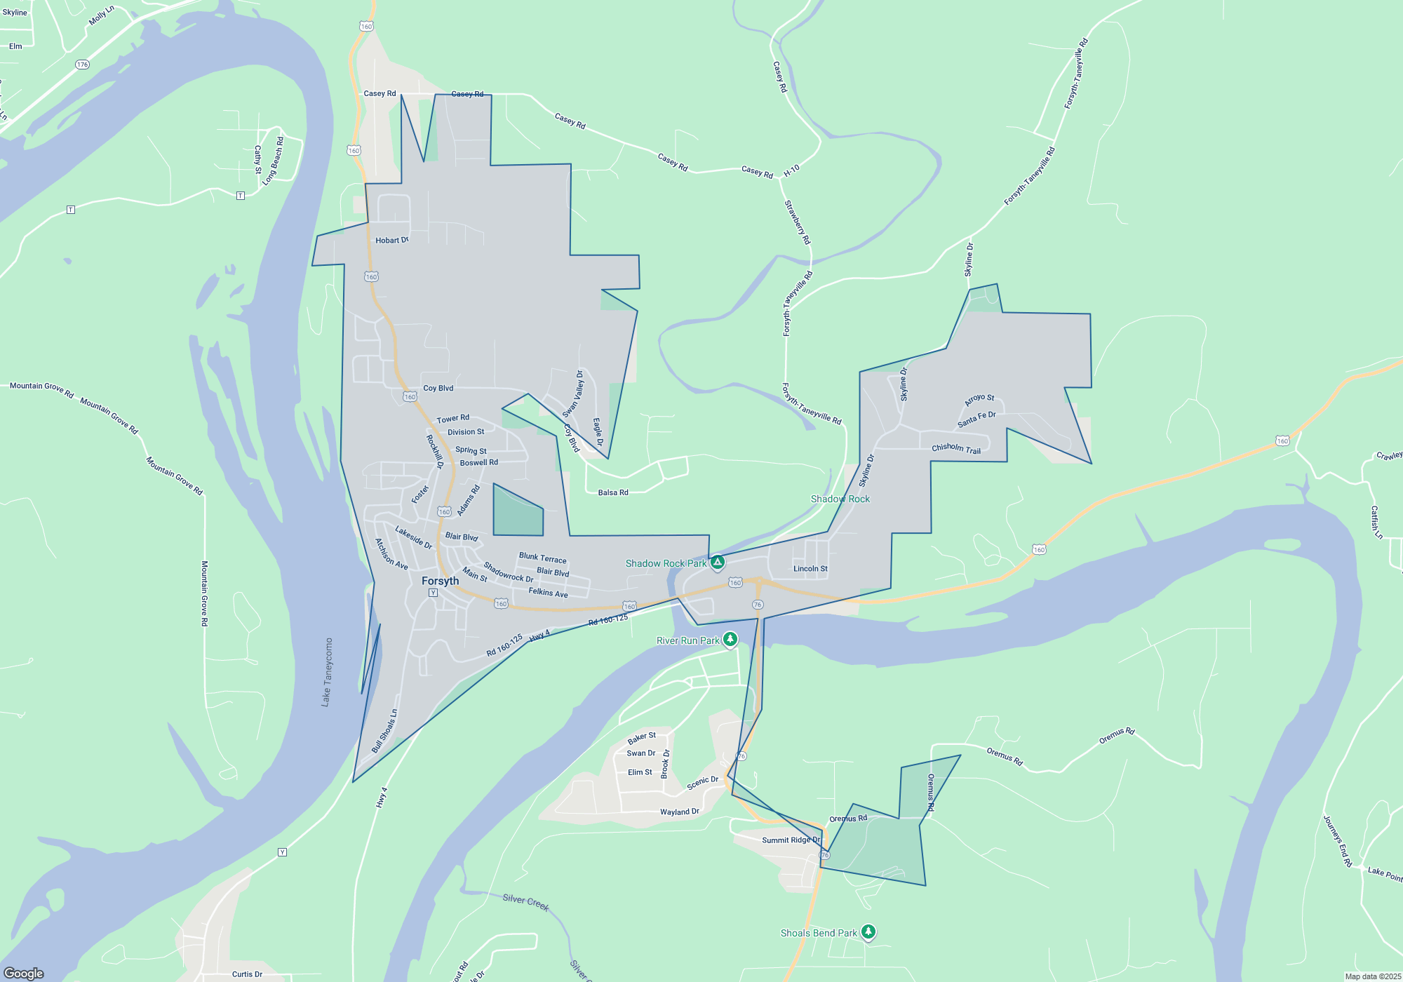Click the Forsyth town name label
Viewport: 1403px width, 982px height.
[440, 581]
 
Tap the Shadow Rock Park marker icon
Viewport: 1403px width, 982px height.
[717, 563]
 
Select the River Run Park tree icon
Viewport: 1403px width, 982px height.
[730, 639]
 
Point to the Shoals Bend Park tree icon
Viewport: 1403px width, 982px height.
[868, 932]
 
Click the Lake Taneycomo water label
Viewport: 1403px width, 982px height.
[327, 672]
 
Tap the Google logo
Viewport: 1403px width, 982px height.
[24, 973]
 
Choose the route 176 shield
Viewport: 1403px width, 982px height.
[82, 65]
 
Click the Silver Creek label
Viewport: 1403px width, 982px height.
[525, 903]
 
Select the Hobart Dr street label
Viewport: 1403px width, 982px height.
[391, 241]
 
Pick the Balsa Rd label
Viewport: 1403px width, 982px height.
[613, 492]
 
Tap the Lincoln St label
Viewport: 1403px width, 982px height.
[810, 569]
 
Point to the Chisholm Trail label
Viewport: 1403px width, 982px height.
[956, 449]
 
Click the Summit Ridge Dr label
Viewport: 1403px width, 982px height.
[791, 840]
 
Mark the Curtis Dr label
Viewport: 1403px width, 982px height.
[247, 974]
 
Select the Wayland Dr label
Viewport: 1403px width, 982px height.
[679, 812]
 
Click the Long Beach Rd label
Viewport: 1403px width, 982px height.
[274, 161]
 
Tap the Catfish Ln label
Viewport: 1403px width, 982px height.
[1377, 522]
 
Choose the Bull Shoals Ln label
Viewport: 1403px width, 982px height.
[384, 732]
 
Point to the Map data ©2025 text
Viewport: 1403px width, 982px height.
[1373, 976]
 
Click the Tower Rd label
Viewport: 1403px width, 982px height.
[452, 419]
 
